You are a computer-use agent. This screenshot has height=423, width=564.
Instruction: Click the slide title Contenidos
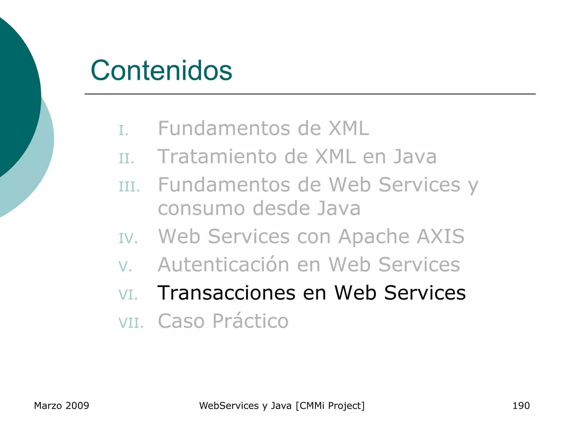tap(161, 70)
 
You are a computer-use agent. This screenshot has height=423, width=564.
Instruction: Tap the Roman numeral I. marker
tap(124, 130)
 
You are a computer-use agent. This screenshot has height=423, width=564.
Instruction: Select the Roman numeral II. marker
tap(126, 159)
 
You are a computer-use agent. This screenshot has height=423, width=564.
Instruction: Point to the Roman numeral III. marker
tap(129, 187)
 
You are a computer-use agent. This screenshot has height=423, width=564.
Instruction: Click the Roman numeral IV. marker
tap(128, 238)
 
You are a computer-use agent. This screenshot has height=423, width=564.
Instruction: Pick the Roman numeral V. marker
tap(125, 267)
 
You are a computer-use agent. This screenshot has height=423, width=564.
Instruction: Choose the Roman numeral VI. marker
tap(128, 295)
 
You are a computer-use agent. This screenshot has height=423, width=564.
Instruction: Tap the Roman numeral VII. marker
tap(131, 323)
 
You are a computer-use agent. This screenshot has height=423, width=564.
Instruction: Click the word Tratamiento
tap(217, 156)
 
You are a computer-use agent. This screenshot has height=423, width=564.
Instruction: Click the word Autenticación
tap(223, 264)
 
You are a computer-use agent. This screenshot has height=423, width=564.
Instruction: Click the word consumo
tap(201, 208)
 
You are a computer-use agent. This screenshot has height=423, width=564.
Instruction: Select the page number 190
tap(521, 406)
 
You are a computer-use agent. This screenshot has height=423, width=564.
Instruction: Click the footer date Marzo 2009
tap(61, 406)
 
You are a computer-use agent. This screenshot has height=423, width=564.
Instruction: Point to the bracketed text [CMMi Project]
tap(330, 406)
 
